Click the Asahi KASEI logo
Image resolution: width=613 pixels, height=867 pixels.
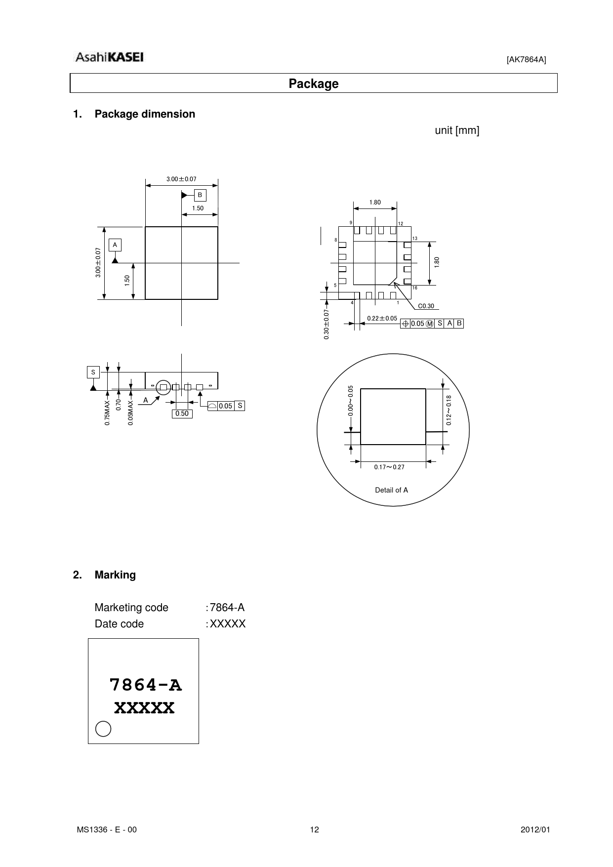(x=109, y=57)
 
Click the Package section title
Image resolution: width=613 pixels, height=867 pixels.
(x=313, y=83)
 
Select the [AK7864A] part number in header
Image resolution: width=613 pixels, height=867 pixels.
(x=526, y=60)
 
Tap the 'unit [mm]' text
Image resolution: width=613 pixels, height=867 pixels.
(x=457, y=130)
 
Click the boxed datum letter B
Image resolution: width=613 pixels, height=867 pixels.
(x=200, y=195)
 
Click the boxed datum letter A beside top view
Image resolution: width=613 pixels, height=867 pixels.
(x=115, y=245)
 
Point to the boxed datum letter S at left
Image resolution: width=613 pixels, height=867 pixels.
(x=93, y=372)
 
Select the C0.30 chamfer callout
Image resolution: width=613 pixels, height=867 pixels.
(x=426, y=306)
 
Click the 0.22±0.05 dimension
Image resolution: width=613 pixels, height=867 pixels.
(x=382, y=319)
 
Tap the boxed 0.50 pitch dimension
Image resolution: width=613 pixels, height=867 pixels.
(x=182, y=413)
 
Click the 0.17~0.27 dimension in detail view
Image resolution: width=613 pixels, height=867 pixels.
(x=389, y=467)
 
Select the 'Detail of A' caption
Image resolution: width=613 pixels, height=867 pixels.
(x=391, y=490)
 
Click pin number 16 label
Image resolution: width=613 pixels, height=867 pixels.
(x=414, y=288)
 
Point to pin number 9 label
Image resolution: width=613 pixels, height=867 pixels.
(x=351, y=223)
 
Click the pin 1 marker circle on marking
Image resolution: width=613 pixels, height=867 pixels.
(x=103, y=729)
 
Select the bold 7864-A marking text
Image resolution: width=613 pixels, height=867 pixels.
(x=145, y=685)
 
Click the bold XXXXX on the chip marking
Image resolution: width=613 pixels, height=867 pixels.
(x=144, y=708)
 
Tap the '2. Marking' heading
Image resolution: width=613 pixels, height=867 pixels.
(x=104, y=575)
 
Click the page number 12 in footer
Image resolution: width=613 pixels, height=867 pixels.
(x=314, y=830)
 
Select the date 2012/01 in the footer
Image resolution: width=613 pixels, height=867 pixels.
(x=535, y=830)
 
